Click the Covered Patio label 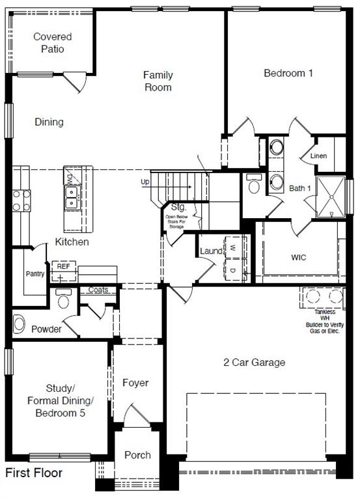click(53, 42)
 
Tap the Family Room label click(158, 81)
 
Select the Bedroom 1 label click(288, 73)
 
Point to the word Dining click(49, 122)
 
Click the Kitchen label click(72, 242)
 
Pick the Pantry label click(35, 273)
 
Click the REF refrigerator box click(63, 267)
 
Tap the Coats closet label click(98, 290)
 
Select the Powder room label click(47, 329)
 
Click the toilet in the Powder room click(63, 301)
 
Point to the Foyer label click(135, 383)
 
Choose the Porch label click(137, 455)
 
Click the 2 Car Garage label click(255, 362)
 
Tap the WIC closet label click(299, 257)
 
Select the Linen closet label click(319, 156)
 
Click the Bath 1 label click(301, 188)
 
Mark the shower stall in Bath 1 click(331, 196)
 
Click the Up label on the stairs click(145, 182)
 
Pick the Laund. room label click(212, 251)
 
